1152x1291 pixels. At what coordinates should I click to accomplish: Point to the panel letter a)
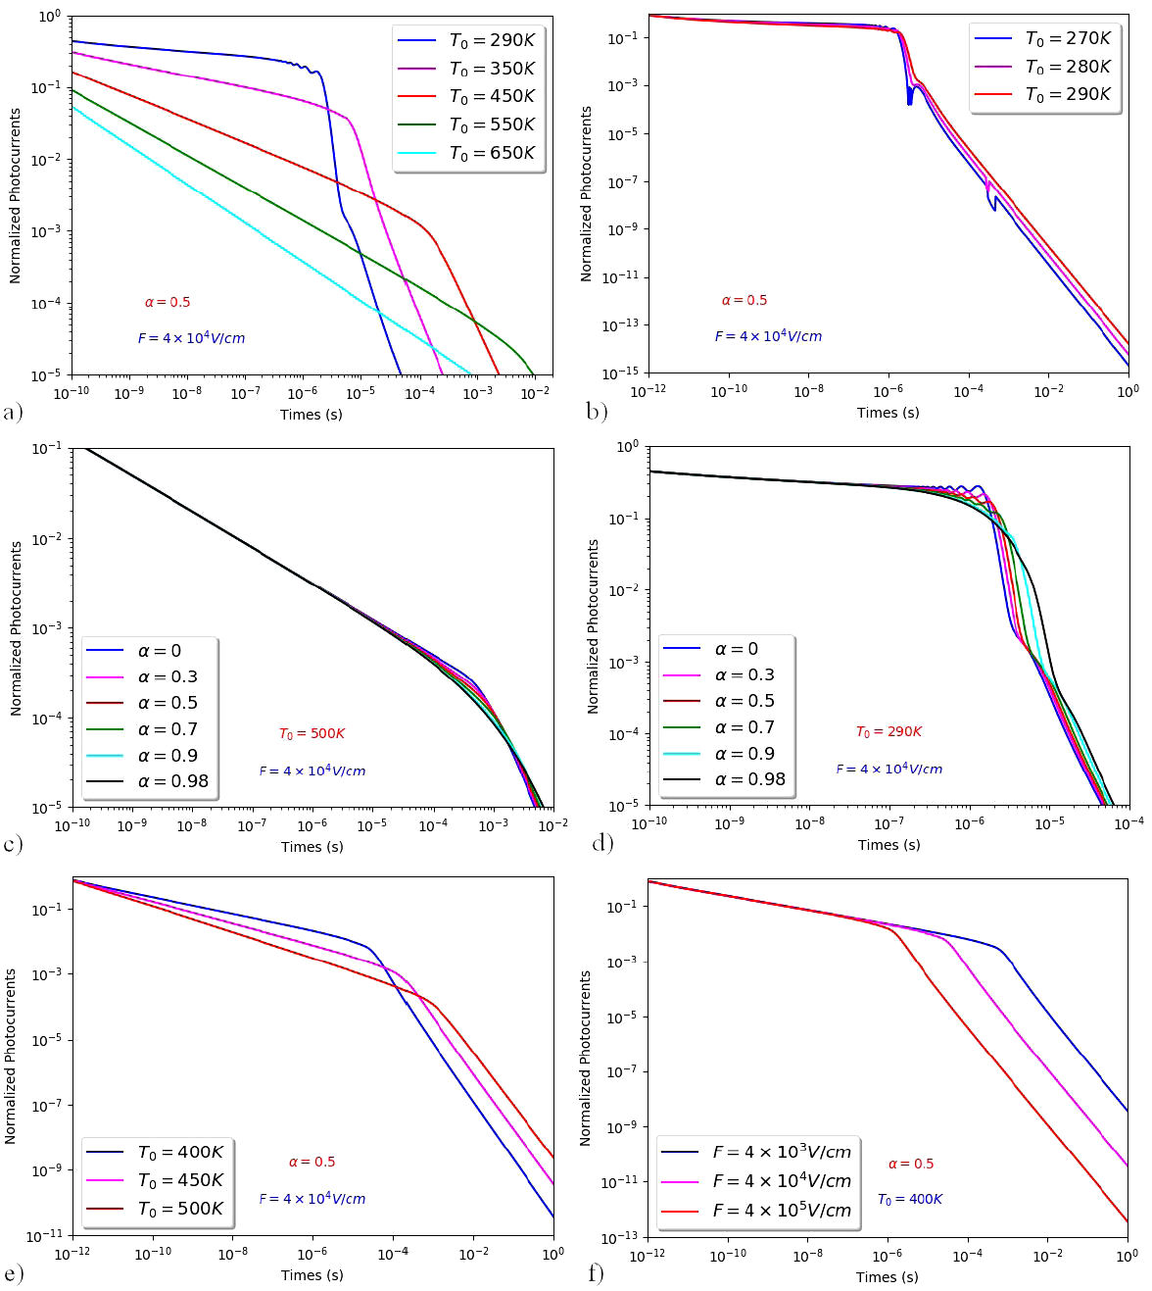[x=13, y=412]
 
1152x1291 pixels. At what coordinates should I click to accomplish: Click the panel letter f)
[x=596, y=1272]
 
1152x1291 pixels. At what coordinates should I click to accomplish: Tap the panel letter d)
[x=602, y=842]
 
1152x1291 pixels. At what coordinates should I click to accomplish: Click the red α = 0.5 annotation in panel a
[x=168, y=303]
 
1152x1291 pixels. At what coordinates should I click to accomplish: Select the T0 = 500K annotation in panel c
[x=312, y=734]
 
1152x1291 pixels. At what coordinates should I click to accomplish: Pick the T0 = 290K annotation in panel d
[x=888, y=732]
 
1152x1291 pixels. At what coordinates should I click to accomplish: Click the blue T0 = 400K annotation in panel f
[x=909, y=1200]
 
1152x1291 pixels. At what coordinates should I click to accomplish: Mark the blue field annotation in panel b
[x=768, y=336]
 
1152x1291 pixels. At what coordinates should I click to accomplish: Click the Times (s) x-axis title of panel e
[x=312, y=1275]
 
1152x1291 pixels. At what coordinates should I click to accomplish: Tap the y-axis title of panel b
[x=586, y=194]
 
